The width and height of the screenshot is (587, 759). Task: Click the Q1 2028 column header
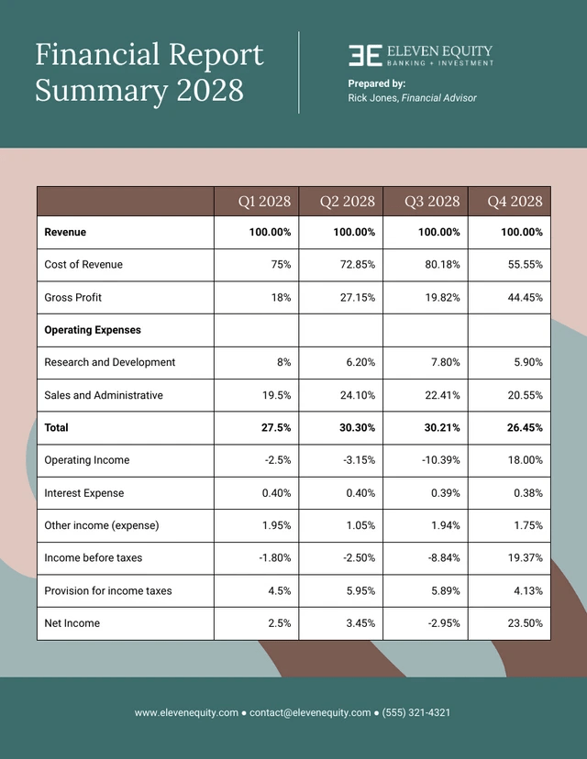click(x=264, y=202)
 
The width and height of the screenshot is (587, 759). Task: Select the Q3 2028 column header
click(x=432, y=202)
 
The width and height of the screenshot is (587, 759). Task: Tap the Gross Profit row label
click(x=73, y=298)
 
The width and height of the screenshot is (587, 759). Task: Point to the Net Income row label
click(x=72, y=623)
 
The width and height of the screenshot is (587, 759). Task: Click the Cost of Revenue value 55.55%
click(x=524, y=265)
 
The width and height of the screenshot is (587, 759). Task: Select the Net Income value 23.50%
click(x=524, y=623)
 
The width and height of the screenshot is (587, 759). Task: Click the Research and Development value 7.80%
click(x=440, y=363)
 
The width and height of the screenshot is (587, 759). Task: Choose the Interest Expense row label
click(x=83, y=493)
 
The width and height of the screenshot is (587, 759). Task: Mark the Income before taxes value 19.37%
click(x=524, y=558)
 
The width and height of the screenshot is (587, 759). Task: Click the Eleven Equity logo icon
click(x=364, y=55)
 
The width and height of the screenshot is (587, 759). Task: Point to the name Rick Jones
click(x=371, y=98)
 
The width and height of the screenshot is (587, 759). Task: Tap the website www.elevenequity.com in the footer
click(x=186, y=712)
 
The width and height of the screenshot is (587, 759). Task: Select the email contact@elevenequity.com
click(x=310, y=712)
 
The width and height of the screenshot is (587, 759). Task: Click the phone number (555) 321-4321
click(x=416, y=712)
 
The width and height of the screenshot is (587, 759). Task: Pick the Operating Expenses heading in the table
click(x=93, y=330)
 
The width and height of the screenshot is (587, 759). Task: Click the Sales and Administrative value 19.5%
click(x=274, y=395)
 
